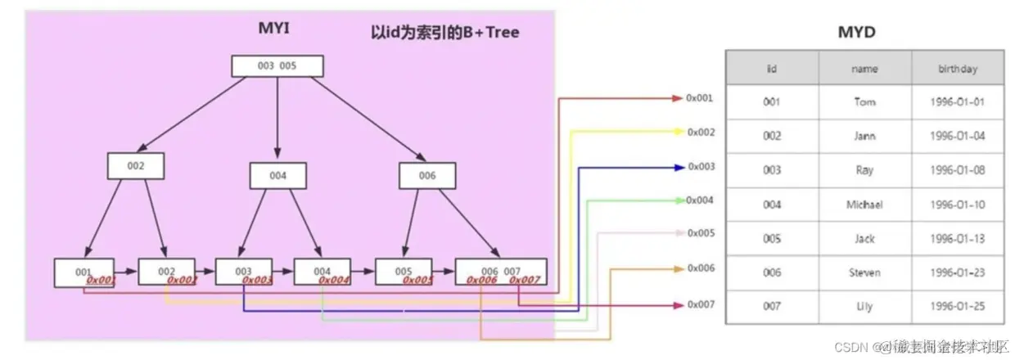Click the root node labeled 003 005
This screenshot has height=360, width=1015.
click(277, 66)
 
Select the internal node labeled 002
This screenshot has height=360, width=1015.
click(136, 166)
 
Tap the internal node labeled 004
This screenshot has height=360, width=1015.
click(277, 175)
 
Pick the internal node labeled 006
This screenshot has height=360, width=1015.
click(427, 175)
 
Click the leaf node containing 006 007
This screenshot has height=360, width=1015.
click(500, 272)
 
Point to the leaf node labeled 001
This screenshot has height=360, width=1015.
click(83, 272)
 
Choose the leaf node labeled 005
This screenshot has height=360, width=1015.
click(404, 272)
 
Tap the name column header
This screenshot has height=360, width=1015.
click(864, 69)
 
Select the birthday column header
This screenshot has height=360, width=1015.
click(958, 69)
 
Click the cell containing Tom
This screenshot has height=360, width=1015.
click(864, 102)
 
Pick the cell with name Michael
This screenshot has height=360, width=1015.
click(864, 205)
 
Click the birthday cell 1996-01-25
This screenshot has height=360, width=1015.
click(958, 307)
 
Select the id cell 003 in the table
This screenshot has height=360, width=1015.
click(772, 170)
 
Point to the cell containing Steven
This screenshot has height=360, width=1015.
click(864, 272)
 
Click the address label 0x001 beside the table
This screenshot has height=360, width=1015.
click(700, 97)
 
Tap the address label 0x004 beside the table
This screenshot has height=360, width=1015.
click(700, 200)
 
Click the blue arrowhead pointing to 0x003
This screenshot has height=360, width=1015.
click(679, 167)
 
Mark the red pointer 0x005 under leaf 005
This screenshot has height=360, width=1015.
click(417, 281)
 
